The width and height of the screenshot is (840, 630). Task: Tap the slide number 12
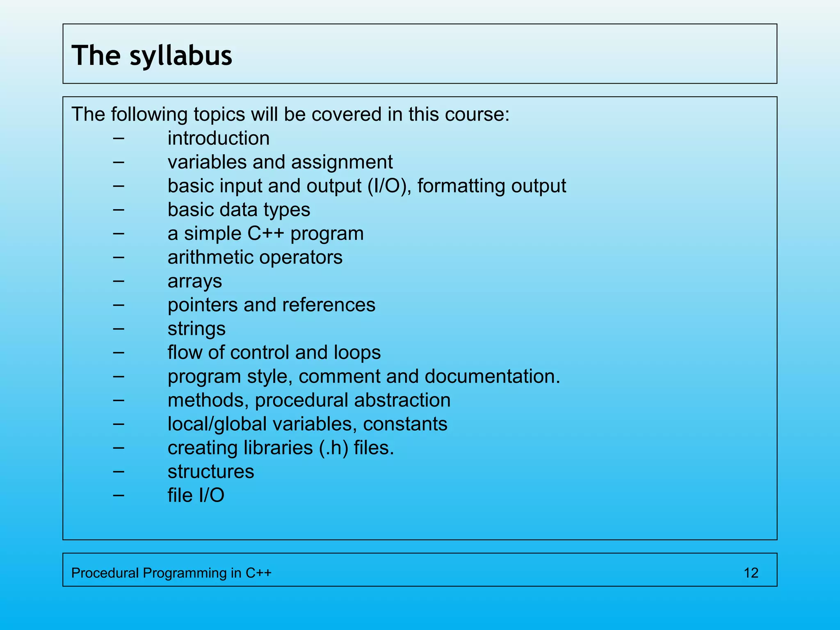point(751,573)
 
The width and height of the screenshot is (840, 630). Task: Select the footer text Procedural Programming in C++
point(171,573)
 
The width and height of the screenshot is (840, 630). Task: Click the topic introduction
point(219,138)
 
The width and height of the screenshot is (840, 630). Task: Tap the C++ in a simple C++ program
point(265,233)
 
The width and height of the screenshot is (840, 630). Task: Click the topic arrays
point(195,281)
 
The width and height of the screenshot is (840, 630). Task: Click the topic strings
point(196,329)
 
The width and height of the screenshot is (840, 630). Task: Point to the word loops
point(357,353)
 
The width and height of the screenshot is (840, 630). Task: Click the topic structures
point(211,472)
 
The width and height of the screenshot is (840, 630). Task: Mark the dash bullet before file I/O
point(119,495)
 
